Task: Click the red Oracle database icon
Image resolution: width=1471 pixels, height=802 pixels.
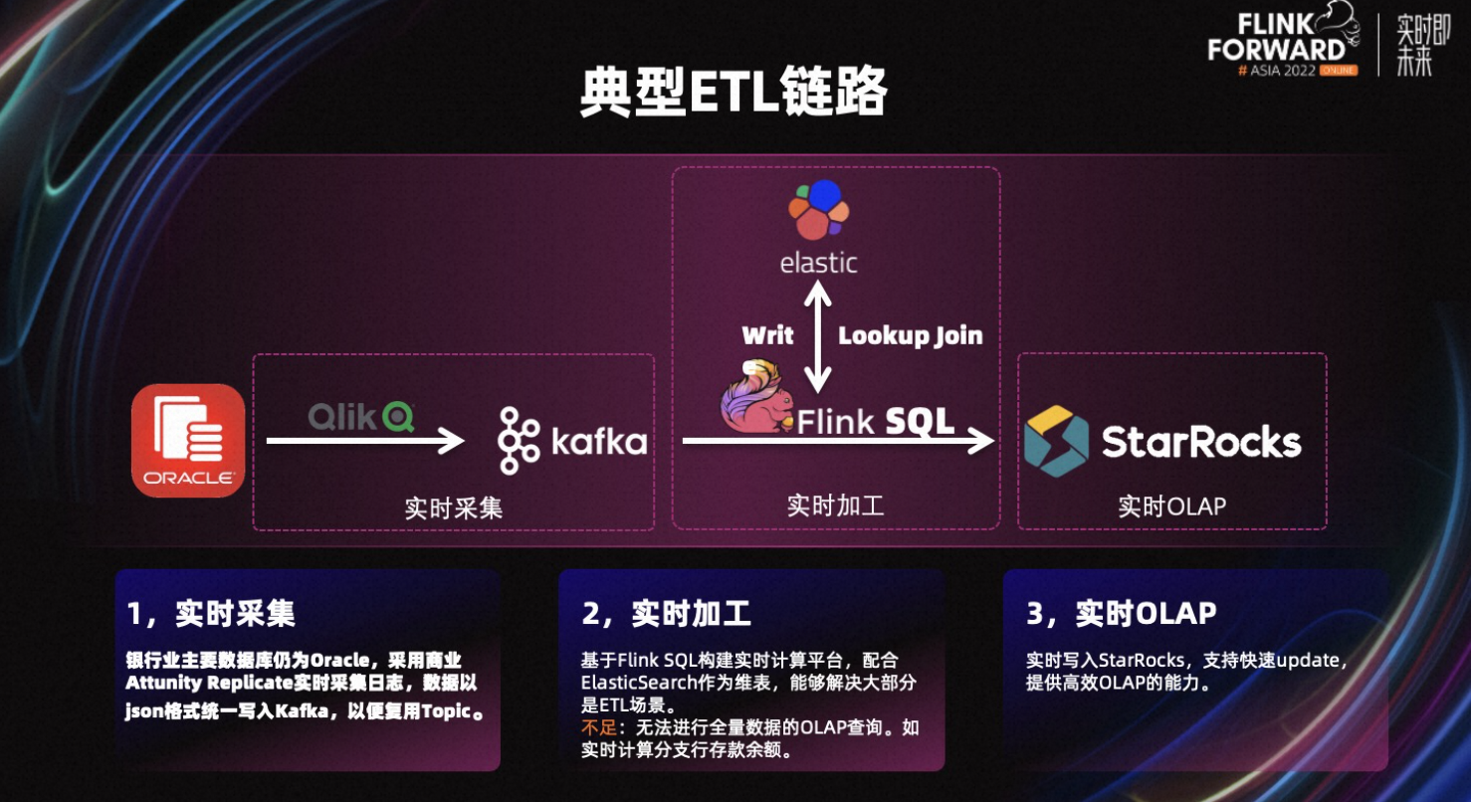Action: pyautogui.click(x=188, y=441)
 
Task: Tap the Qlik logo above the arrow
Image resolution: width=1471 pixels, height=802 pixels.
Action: pyautogui.click(x=361, y=416)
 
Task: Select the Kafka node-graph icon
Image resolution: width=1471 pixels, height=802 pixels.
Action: pyautogui.click(x=519, y=441)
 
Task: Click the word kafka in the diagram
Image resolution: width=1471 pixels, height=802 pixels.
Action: pyautogui.click(x=599, y=441)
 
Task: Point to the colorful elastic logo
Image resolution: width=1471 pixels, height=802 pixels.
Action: pyautogui.click(x=819, y=210)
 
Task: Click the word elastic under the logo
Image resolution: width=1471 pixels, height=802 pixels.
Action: pyautogui.click(x=818, y=263)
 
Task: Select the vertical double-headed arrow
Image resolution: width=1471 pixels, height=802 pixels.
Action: pyautogui.click(x=817, y=336)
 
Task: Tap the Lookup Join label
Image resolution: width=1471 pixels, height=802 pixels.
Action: pyautogui.click(x=911, y=336)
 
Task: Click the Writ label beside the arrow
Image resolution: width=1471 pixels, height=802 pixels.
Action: pyautogui.click(x=767, y=335)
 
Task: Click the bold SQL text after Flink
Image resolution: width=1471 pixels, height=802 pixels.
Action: pyautogui.click(x=919, y=421)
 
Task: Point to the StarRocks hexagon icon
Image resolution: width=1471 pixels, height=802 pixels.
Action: pyautogui.click(x=1056, y=441)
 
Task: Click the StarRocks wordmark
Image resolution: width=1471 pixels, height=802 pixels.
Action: pyautogui.click(x=1201, y=442)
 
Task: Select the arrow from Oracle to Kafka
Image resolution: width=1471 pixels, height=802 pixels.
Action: pyautogui.click(x=365, y=441)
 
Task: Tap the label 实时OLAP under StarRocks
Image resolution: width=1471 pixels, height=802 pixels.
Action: pyautogui.click(x=1172, y=506)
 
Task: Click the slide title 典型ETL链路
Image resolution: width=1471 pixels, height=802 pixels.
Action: pyautogui.click(x=735, y=92)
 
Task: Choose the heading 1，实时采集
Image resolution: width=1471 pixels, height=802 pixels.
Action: pyautogui.click(x=211, y=614)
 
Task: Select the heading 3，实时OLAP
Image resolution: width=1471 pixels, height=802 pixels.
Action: pyautogui.click(x=1121, y=614)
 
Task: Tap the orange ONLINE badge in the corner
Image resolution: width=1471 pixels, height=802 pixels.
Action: pyautogui.click(x=1339, y=71)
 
